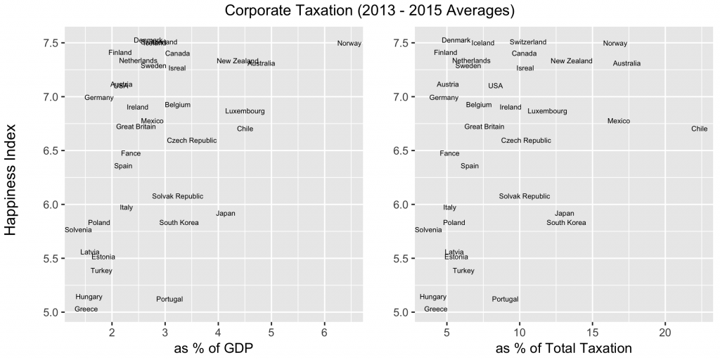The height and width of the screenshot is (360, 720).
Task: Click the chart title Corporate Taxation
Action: pyautogui.click(x=370, y=11)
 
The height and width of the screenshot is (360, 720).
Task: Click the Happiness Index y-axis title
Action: pyautogui.click(x=12, y=175)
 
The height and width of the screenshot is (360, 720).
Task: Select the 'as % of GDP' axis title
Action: pyautogui.click(x=214, y=347)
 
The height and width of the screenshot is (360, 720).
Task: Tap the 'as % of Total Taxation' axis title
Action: pyautogui.click(x=564, y=347)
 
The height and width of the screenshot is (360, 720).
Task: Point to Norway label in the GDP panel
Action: pyautogui.click(x=349, y=44)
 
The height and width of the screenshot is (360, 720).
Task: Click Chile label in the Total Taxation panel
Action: pyautogui.click(x=699, y=129)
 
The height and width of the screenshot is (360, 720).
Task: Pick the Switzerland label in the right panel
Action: pyautogui.click(x=527, y=42)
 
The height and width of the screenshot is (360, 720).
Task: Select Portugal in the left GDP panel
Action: pyautogui.click(x=169, y=300)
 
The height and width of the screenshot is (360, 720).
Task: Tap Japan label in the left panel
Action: pyautogui.click(x=226, y=214)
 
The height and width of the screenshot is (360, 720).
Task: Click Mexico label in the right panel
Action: pyautogui.click(x=618, y=121)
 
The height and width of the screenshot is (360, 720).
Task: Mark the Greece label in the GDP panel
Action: pyautogui.click(x=86, y=309)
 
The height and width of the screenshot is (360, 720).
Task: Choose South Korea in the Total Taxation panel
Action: pyautogui.click(x=566, y=223)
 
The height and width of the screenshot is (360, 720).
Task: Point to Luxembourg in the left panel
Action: pyautogui.click(x=245, y=111)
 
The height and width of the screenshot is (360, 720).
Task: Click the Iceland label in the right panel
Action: pyautogui.click(x=483, y=43)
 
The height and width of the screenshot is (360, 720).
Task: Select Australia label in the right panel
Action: pyautogui.click(x=626, y=63)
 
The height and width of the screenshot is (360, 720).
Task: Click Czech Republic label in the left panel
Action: pyautogui.click(x=191, y=141)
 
